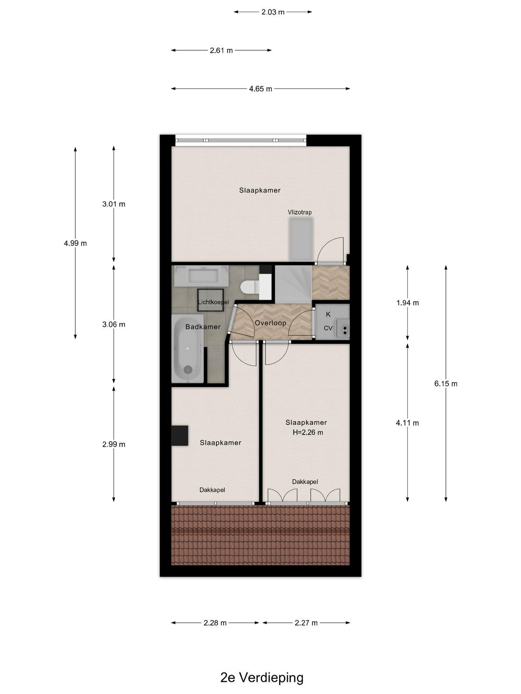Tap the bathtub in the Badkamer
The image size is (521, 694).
(x=188, y=349)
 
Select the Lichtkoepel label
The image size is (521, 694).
(x=213, y=302)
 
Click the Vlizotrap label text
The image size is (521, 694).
(x=300, y=212)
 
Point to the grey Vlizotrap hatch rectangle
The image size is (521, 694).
(x=301, y=240)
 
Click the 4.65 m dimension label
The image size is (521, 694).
(x=260, y=89)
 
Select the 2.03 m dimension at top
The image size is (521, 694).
(x=273, y=12)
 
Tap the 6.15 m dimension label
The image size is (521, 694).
(x=446, y=383)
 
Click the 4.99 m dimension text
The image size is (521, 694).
(x=75, y=243)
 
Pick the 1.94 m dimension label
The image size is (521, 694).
(x=407, y=303)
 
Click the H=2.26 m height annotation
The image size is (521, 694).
(x=308, y=432)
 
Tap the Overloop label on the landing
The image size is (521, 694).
(x=270, y=323)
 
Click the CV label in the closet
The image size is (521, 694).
(x=328, y=328)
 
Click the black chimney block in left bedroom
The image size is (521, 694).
(x=180, y=435)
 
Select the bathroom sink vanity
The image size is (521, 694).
(x=202, y=276)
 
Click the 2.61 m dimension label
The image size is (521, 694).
(x=221, y=50)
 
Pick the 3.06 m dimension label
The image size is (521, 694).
(x=114, y=324)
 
